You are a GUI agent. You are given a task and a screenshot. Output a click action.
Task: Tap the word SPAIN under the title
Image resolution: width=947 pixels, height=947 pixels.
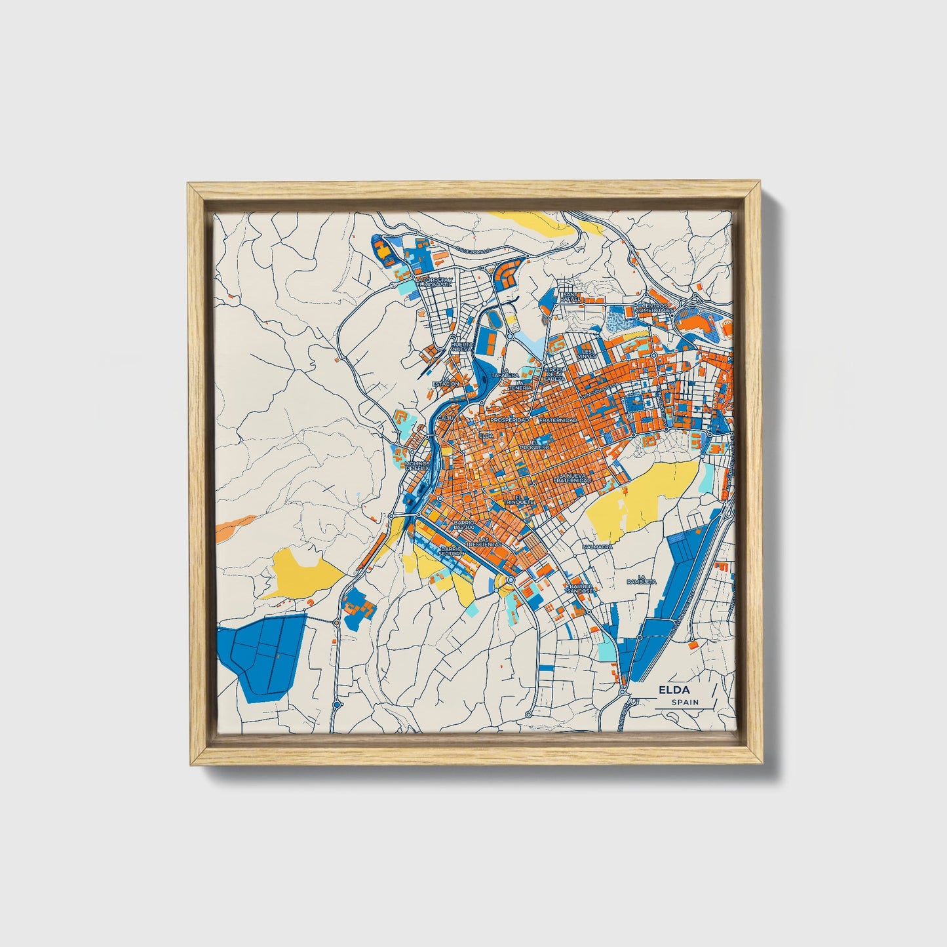point(685,702)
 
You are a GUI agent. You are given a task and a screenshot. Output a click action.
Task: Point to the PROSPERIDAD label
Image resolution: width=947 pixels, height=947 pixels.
point(510,419)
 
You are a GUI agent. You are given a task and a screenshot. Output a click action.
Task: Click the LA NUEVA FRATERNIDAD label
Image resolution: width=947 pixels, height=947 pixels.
point(572,478)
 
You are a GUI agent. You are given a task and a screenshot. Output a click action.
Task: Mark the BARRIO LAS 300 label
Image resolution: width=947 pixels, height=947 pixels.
point(463,525)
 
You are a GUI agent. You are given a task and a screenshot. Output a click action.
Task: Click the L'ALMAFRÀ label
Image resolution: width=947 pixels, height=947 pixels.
point(597,546)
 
